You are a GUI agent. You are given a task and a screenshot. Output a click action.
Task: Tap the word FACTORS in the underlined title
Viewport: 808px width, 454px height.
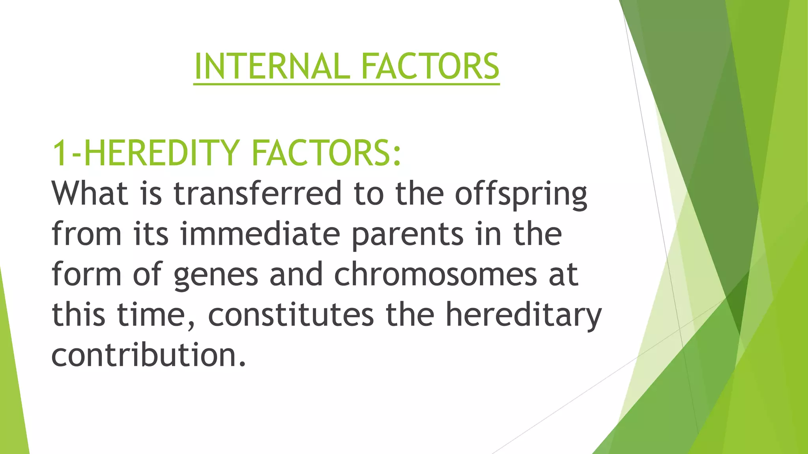430,66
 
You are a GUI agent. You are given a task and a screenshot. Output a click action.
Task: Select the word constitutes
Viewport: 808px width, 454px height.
291,315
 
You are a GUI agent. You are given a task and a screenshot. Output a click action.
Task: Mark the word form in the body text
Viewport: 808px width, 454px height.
86,274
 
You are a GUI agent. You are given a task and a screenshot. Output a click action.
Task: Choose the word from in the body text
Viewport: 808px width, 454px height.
86,234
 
